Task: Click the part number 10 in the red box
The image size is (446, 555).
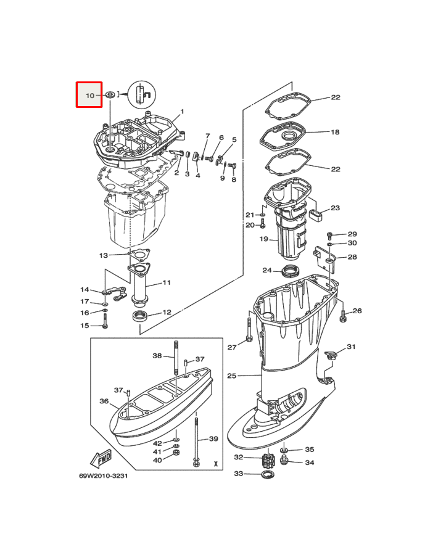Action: pyautogui.click(x=90, y=96)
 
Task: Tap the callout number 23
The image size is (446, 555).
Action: pyautogui.click(x=335, y=208)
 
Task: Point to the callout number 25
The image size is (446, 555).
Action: pyautogui.click(x=231, y=376)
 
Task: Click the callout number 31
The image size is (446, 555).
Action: pyautogui.click(x=351, y=347)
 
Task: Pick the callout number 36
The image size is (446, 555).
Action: pyautogui.click(x=104, y=401)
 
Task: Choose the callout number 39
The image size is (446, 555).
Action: pyautogui.click(x=213, y=439)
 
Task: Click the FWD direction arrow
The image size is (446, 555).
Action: pyautogui.click(x=100, y=459)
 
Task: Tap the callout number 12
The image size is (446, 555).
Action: pyautogui.click(x=167, y=313)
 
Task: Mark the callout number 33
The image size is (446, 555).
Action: pyautogui.click(x=238, y=474)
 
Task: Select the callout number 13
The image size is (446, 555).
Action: pyautogui.click(x=104, y=255)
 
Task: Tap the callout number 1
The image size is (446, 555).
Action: pyautogui.click(x=182, y=112)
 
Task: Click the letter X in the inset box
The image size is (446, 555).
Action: pyautogui.click(x=215, y=462)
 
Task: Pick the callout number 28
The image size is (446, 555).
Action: pyautogui.click(x=352, y=257)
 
